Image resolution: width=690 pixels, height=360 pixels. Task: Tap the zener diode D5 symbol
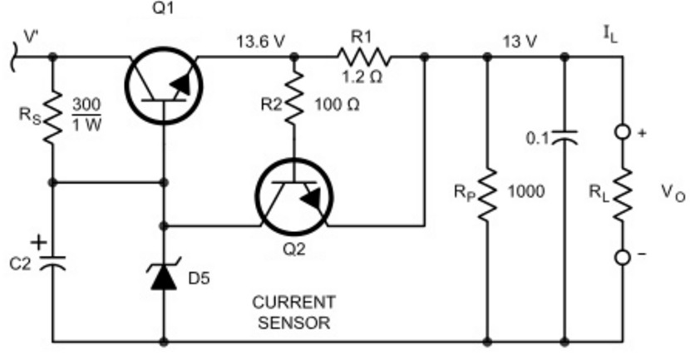[x=164, y=274]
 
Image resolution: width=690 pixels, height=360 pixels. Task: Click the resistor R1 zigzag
[x=363, y=57]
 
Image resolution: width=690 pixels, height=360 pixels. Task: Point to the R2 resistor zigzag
[x=294, y=96]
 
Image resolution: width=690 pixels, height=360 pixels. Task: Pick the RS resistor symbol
[x=53, y=116]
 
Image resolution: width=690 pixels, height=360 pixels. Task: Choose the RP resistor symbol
[x=487, y=194]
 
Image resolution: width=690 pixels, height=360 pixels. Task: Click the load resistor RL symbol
[x=622, y=194]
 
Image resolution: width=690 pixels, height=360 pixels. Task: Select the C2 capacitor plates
[x=53, y=263]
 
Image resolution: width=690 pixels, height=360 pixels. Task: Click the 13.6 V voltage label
[x=261, y=42]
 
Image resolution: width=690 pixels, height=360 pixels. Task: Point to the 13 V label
[x=520, y=42]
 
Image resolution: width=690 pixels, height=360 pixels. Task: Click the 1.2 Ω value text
[x=362, y=77]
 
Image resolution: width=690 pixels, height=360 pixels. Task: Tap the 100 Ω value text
[x=337, y=105]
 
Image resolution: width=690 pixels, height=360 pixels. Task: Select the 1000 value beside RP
[x=526, y=191]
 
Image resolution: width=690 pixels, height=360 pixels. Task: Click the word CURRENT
[x=294, y=303]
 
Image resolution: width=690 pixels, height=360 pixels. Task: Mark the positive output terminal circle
[x=622, y=132]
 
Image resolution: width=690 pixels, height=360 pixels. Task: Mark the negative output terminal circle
[x=622, y=258]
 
